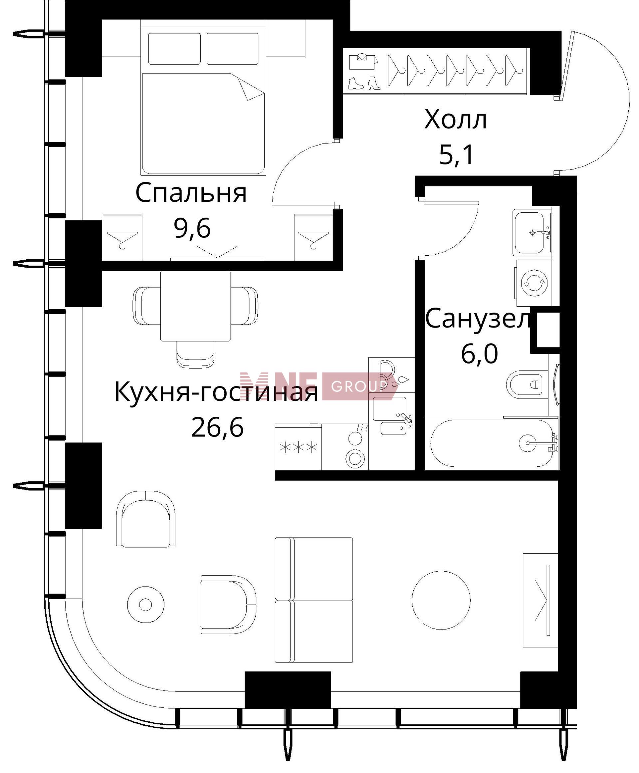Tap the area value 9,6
[x=192, y=229]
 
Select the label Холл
[x=456, y=120]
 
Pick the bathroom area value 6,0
[x=479, y=354]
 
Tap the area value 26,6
[x=217, y=427]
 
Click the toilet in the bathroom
[x=525, y=385]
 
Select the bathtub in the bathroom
[x=492, y=443]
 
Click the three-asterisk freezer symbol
[x=298, y=447]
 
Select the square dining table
[x=195, y=306]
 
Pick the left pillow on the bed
[x=174, y=49]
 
